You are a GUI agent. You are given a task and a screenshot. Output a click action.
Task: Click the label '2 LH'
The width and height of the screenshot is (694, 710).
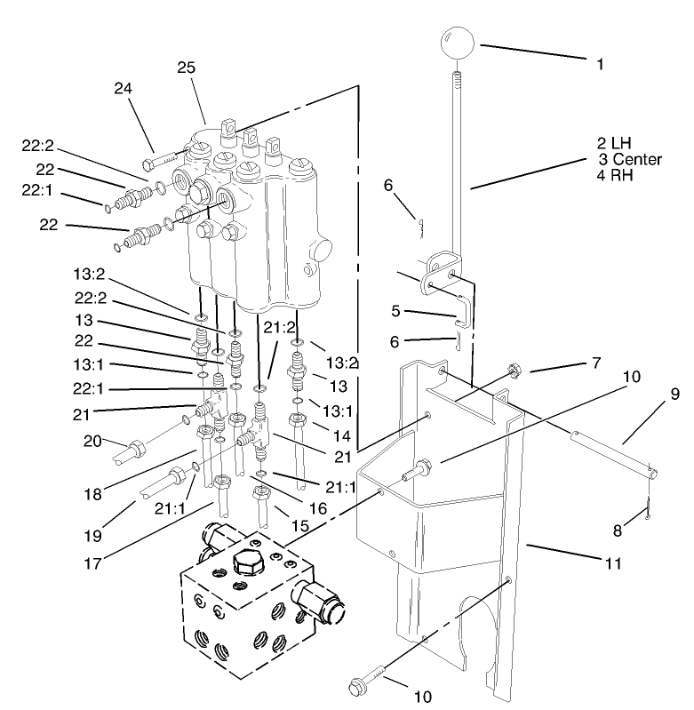click(x=614, y=144)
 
